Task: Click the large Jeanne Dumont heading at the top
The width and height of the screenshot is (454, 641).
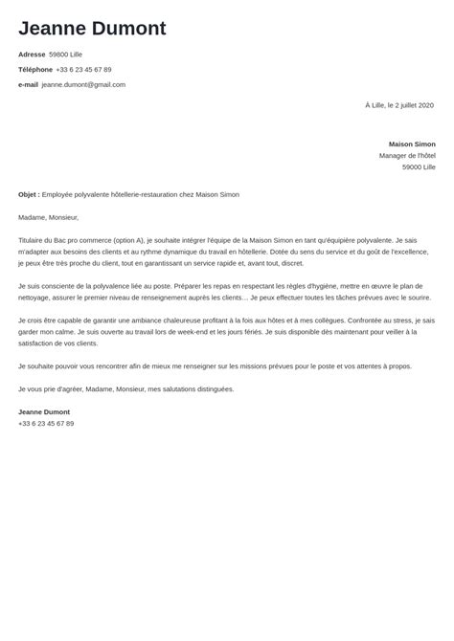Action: click(x=92, y=28)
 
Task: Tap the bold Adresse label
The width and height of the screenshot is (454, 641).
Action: click(x=32, y=55)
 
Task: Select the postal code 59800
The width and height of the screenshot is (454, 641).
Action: click(x=59, y=55)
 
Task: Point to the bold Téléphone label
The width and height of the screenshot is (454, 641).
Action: click(x=35, y=70)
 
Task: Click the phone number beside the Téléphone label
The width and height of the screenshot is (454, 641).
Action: click(x=83, y=70)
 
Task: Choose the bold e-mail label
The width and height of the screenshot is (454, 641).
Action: click(x=28, y=84)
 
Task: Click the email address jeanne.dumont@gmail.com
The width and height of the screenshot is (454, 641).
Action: click(x=83, y=84)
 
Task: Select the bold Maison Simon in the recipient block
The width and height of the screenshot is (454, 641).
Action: click(x=412, y=144)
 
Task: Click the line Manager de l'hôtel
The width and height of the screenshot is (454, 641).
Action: click(x=407, y=155)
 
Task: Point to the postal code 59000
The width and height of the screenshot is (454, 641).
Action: click(x=411, y=166)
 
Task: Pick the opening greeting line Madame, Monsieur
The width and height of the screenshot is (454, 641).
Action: click(x=48, y=217)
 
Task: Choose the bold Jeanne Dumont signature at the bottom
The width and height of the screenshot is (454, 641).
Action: click(x=44, y=411)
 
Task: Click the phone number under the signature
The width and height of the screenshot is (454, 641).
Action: click(x=46, y=423)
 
